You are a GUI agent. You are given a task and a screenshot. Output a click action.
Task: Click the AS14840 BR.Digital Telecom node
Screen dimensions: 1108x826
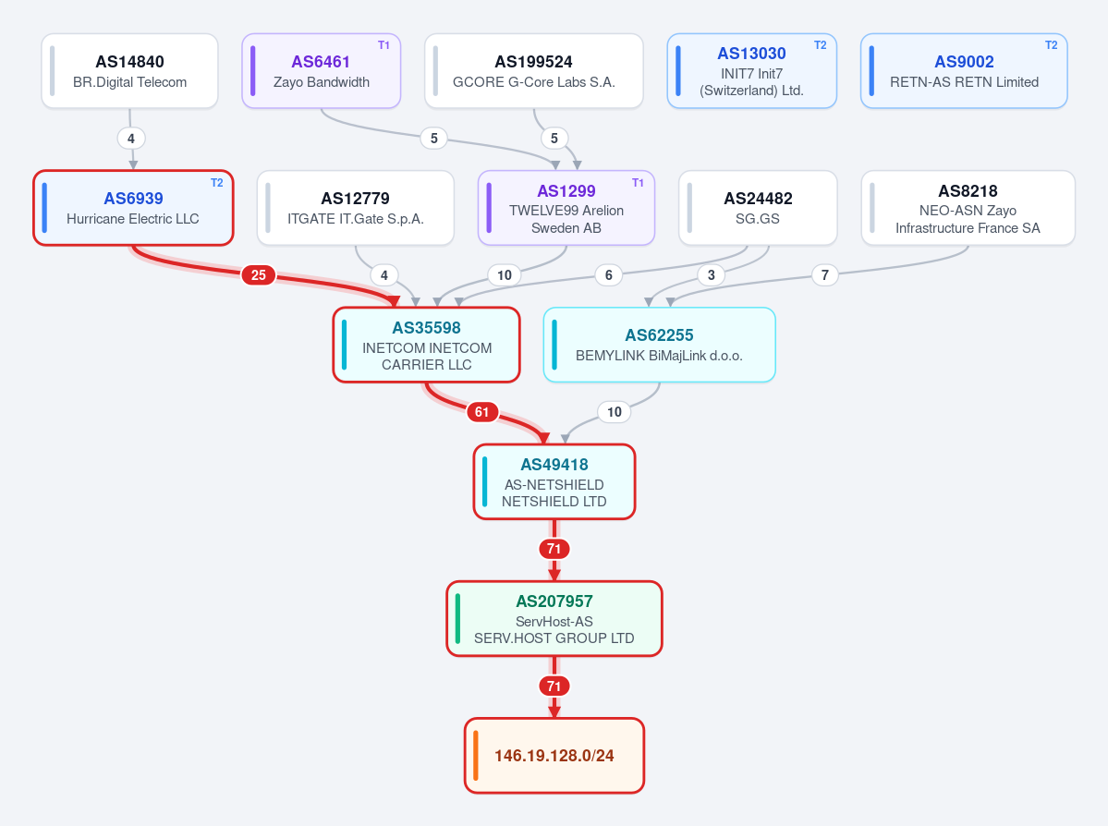(130, 71)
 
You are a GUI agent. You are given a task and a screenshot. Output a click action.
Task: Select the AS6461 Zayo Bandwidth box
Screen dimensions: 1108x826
(322, 71)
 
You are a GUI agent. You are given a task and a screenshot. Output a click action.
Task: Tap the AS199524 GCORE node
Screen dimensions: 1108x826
(533, 71)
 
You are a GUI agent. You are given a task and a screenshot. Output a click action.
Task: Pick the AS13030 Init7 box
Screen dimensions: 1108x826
(752, 71)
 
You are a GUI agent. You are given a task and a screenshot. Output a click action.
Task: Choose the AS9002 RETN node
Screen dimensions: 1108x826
(964, 71)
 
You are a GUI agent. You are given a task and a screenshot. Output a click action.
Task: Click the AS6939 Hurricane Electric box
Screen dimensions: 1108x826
(133, 208)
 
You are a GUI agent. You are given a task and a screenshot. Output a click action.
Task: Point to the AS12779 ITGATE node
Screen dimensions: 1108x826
(356, 208)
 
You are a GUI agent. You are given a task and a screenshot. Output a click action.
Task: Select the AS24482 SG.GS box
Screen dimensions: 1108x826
(758, 208)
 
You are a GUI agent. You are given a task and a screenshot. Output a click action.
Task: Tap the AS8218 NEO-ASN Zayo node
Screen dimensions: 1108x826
(968, 208)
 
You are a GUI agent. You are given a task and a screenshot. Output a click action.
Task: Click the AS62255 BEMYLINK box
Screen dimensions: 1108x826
(659, 345)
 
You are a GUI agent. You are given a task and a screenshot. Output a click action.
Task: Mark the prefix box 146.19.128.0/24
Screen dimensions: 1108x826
(554, 756)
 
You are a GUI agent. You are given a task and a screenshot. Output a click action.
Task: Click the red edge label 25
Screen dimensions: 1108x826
(259, 274)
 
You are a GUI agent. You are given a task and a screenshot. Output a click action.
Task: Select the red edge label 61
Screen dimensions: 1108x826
(482, 412)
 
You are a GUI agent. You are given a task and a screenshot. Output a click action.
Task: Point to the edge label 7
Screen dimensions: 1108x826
(824, 274)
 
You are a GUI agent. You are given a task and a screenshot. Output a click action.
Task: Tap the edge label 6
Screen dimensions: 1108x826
(608, 274)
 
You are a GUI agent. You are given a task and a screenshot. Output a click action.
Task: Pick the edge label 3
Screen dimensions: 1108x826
(711, 274)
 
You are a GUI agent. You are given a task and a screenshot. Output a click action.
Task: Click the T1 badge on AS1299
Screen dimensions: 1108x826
(638, 183)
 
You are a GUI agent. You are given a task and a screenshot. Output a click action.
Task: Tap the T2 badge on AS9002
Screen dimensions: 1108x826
(1052, 45)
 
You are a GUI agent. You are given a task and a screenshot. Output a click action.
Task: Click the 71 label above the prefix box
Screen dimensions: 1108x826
(554, 686)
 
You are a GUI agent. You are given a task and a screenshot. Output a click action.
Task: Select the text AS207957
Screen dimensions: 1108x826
(554, 601)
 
